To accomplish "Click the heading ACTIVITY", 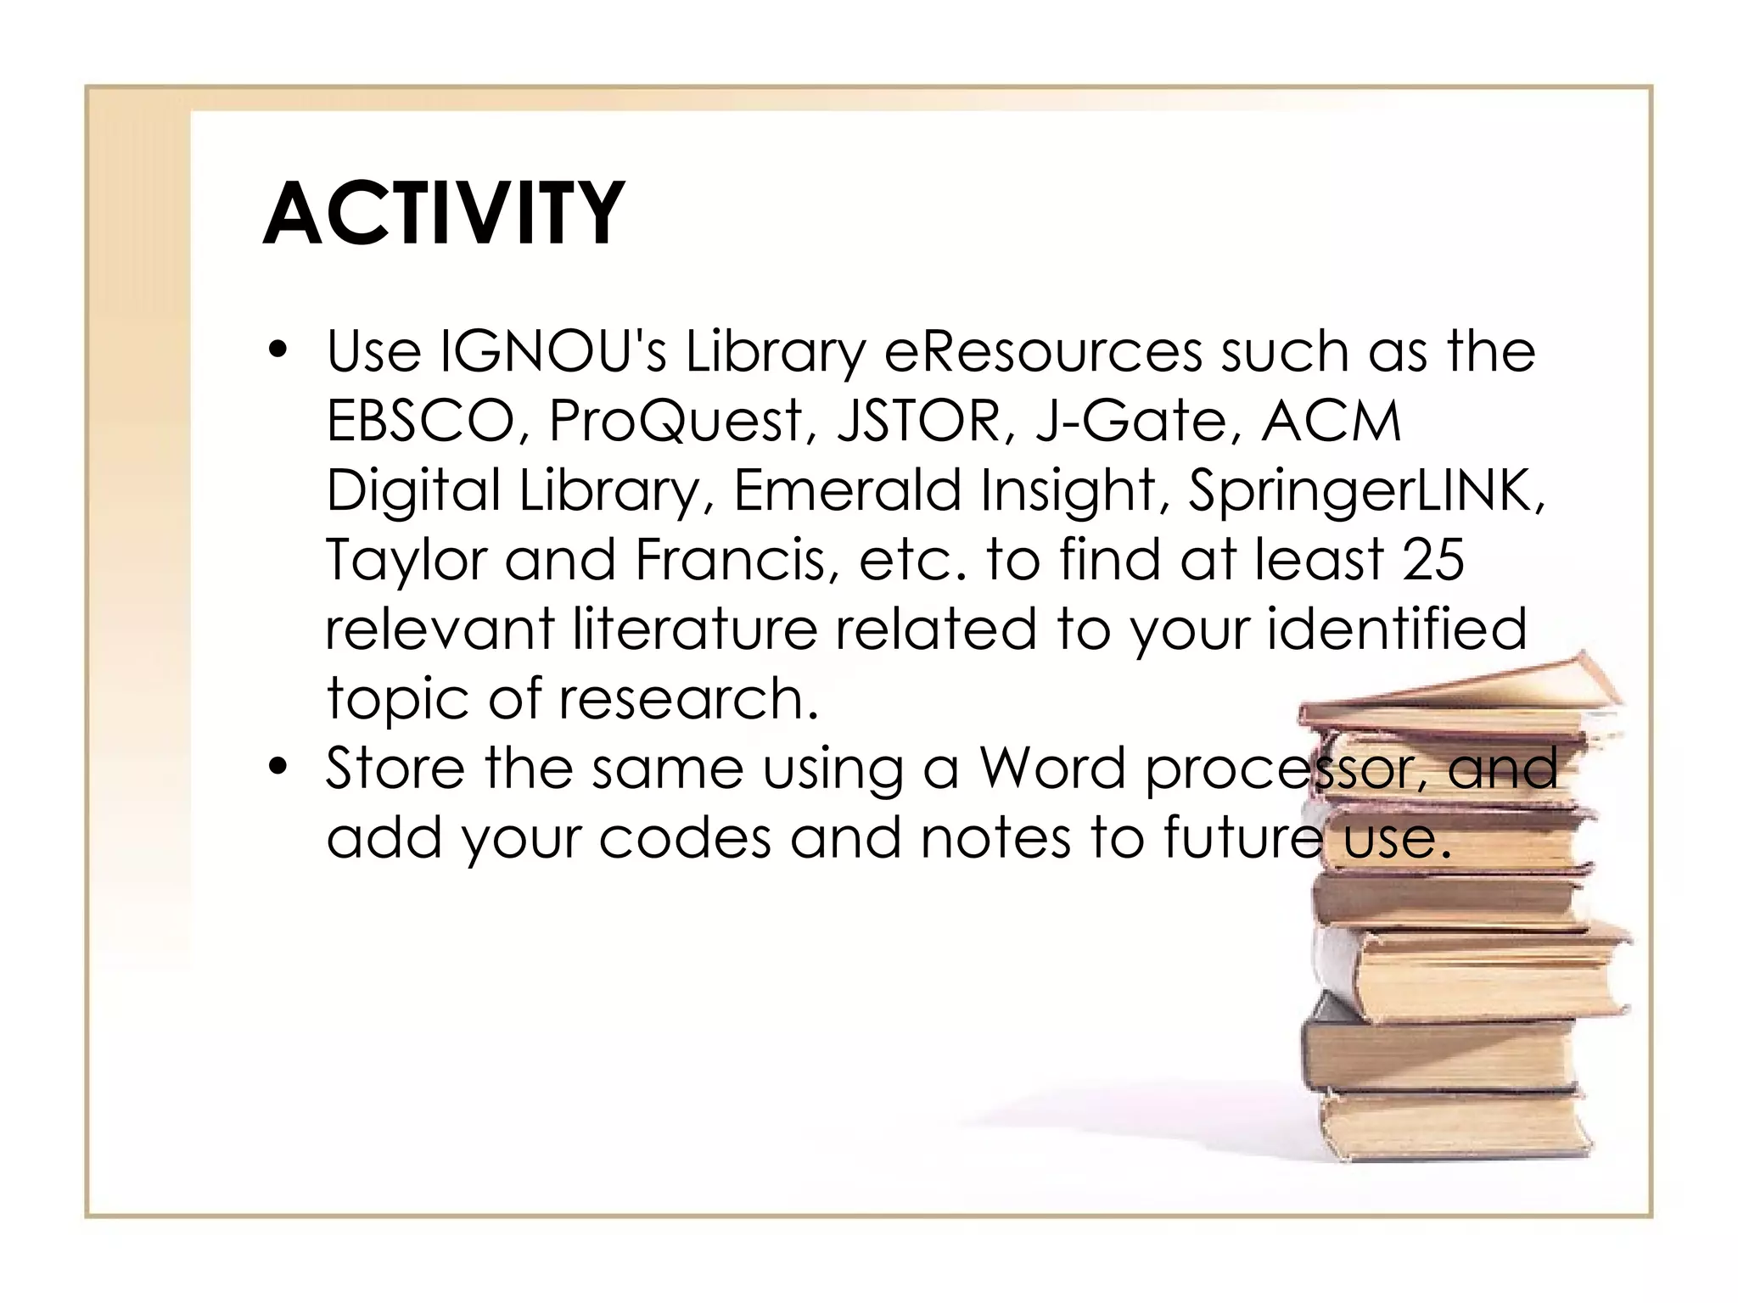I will pyautogui.click(x=444, y=214).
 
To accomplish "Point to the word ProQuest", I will pyautogui.click(x=676, y=422).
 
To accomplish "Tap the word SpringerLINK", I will pyautogui.click(x=1365, y=492).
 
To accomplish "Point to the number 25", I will pyautogui.click(x=1433, y=560).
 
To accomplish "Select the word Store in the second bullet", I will pyautogui.click(x=395, y=769).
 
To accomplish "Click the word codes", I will pyautogui.click(x=686, y=838).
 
